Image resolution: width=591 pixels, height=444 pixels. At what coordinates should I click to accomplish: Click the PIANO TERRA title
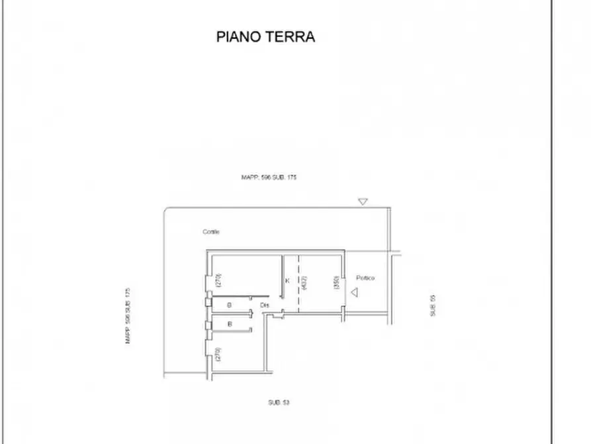point(265,36)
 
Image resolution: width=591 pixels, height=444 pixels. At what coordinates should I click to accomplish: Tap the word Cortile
point(211,232)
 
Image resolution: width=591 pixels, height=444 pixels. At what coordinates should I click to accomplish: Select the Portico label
point(365,278)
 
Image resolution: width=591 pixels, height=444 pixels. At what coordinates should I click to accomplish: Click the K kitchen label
point(287,281)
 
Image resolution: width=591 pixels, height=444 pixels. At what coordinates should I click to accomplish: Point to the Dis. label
point(265,305)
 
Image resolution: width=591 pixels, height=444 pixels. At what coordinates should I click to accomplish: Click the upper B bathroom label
point(229,305)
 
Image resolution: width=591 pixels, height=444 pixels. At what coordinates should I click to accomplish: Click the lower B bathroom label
point(229,325)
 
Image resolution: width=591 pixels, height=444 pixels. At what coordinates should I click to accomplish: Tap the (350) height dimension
point(336,283)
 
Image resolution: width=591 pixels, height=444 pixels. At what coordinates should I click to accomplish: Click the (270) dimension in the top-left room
point(218,280)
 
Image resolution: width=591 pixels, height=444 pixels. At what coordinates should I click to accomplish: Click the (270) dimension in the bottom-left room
point(218,355)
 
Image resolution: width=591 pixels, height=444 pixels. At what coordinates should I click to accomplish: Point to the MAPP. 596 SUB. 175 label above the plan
point(269,178)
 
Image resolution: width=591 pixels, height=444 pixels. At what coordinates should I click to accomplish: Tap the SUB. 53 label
point(279,402)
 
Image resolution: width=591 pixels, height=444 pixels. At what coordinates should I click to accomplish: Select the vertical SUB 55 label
point(433,305)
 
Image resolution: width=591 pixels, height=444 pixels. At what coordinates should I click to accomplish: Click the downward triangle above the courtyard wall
point(362,201)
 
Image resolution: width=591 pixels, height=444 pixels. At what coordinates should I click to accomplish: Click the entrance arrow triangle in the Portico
point(355,292)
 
